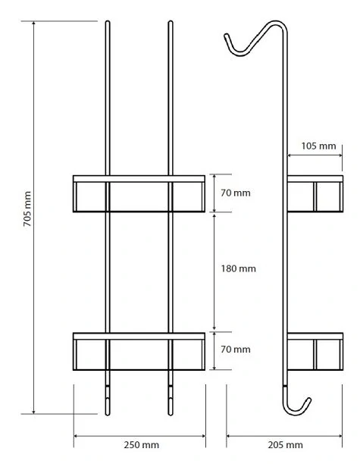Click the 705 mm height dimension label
pyautogui.click(x=27, y=209)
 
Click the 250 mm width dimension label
pyautogui.click(x=142, y=445)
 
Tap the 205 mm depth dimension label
pyautogui.click(x=286, y=445)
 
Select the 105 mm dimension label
pyautogui.click(x=318, y=146)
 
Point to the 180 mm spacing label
pyautogui.click(x=239, y=268)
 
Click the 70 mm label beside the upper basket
pyautogui.click(x=236, y=193)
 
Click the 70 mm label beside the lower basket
pyautogui.click(x=236, y=350)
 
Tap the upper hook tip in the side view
pyautogui.click(x=226, y=36)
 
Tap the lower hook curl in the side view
pyautogui.click(x=297, y=410)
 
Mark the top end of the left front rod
pyautogui.click(x=108, y=21)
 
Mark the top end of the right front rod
pyautogui.click(x=171, y=21)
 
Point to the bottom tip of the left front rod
pyautogui.click(x=108, y=415)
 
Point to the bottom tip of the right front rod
pyautogui.click(x=171, y=415)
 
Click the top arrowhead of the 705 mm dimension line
pyautogui.click(x=33, y=22)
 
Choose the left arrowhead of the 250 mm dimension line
pyautogui.click(x=74, y=436)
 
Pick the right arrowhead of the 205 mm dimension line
pyautogui.click(x=341, y=436)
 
